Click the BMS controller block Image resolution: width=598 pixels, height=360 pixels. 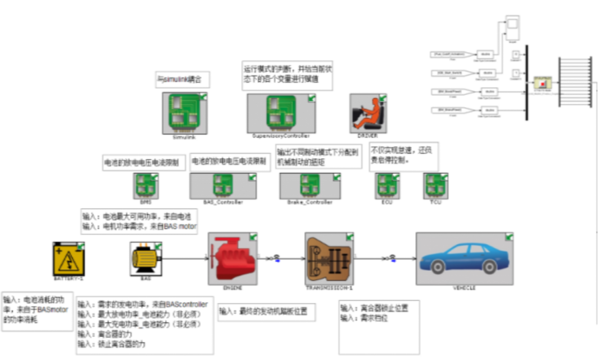pyautogui.click(x=146, y=186)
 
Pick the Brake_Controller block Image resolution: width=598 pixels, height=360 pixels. pyautogui.click(x=310, y=186)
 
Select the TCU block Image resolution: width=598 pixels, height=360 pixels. pyautogui.click(x=435, y=186)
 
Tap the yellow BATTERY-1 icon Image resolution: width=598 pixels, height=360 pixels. pyautogui.click(x=68, y=258)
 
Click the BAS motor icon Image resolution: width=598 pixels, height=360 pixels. pyautogui.click(x=146, y=259)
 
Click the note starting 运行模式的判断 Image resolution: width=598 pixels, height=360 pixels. pyautogui.click(x=286, y=76)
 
